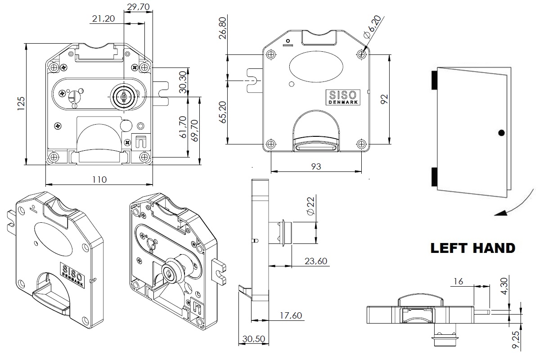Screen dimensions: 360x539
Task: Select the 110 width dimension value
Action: pyautogui.click(x=99, y=179)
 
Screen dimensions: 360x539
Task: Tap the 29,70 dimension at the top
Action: pyautogui.click(x=139, y=7)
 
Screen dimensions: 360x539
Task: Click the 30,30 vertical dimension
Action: pyautogui.click(x=182, y=82)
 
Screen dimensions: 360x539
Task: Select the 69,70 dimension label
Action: pyautogui.click(x=195, y=130)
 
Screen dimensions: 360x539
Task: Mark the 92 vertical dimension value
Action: pyautogui.click(x=384, y=99)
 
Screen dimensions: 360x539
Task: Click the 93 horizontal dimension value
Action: pyautogui.click(x=316, y=166)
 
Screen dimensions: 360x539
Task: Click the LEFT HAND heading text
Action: pyautogui.click(x=472, y=248)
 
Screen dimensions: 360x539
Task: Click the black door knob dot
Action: pyautogui.click(x=502, y=133)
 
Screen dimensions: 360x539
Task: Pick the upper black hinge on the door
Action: pyautogui.click(x=434, y=80)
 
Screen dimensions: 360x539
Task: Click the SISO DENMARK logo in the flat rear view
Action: pyautogui.click(x=343, y=97)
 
